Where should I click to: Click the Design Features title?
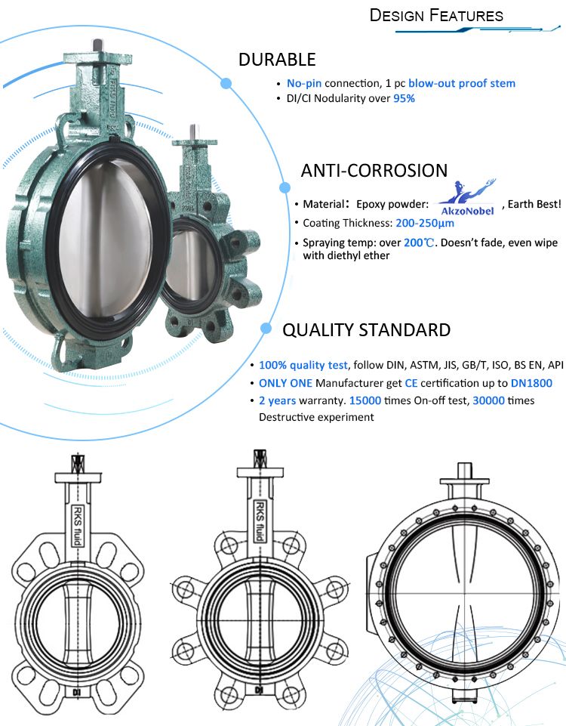coord(436,15)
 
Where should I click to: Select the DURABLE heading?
coord(277,60)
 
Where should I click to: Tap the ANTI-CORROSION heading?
coord(374,171)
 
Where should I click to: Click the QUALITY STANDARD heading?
coord(366,329)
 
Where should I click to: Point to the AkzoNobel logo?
coord(467,198)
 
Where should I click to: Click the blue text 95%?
coord(405,98)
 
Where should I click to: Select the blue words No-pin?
coord(304,83)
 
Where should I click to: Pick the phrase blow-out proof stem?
coord(462,83)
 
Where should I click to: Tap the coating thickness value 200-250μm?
coord(424,223)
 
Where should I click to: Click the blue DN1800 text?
coord(531,383)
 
